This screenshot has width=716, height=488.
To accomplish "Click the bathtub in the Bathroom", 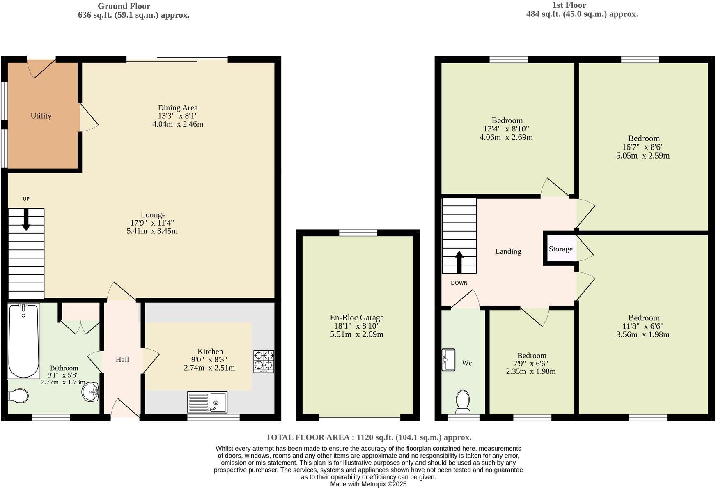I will coord(23,341).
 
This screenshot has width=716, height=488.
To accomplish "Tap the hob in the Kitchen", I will coord(264,361).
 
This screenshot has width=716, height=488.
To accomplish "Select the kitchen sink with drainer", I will coord(207,402).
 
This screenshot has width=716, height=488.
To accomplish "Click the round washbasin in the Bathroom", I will coord(90,391).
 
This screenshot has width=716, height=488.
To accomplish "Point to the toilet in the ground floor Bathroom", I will coord(18,396).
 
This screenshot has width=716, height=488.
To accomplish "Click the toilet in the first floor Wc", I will coord(463,402).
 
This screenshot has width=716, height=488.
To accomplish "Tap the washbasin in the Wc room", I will coord(448,360).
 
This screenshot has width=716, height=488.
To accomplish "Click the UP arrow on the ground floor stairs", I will coord(26,220).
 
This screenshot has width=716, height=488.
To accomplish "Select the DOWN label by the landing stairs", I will coord(459,283).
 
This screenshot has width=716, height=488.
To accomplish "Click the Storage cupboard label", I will coord(560,249).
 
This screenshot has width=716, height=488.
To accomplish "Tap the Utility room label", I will coord(41,116).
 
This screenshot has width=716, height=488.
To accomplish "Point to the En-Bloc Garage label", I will coord(356,318).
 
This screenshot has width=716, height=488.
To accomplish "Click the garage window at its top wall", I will coord(358,233).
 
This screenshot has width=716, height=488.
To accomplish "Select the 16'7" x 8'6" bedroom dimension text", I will coord(643,147).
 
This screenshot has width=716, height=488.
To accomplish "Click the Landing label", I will coord(508,251).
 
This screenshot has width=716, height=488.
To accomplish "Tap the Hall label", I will coord(122,359).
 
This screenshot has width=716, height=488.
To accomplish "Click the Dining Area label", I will coord(177,108).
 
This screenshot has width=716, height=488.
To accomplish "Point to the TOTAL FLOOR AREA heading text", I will coord(368,437).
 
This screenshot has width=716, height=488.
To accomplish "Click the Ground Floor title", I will coord(124,6).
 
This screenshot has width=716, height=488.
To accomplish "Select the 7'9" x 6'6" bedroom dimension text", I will coord(531,364).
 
